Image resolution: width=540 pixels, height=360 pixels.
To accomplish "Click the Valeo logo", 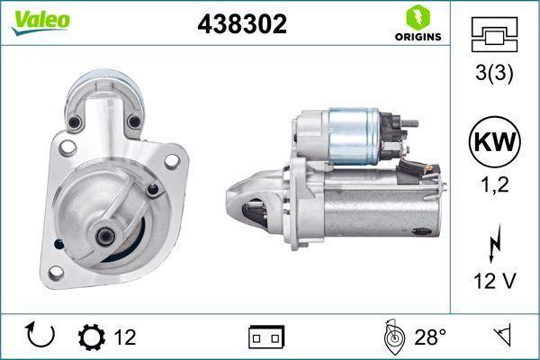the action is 40,22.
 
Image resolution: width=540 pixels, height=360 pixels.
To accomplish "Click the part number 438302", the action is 242,24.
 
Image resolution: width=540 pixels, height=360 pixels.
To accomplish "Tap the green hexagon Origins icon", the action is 418,17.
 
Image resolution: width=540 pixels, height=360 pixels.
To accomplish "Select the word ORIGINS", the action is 418,37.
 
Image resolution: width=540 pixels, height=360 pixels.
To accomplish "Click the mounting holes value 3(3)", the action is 494,72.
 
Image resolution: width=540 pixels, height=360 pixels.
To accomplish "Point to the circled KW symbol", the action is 494,142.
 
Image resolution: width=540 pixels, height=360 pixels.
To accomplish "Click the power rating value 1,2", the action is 494,184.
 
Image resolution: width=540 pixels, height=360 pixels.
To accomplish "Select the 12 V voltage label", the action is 494,281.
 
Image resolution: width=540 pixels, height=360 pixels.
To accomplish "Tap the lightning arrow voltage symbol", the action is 494,244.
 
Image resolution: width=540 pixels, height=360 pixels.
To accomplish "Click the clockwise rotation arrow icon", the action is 40,335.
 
